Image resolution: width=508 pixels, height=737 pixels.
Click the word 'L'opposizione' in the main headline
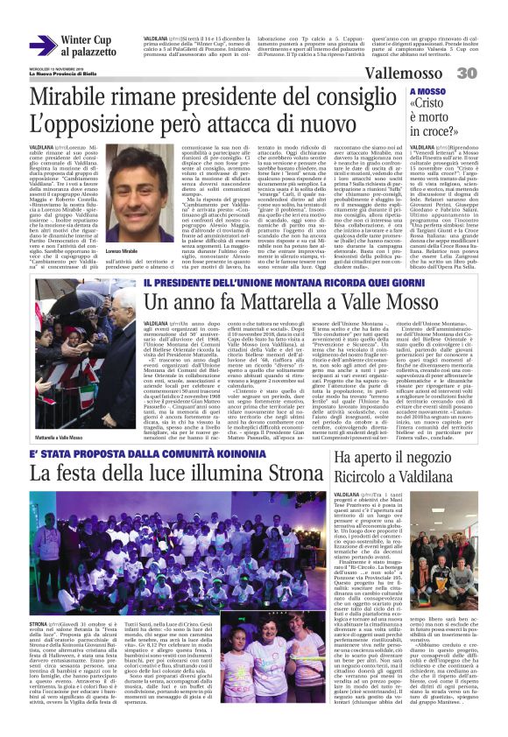coord(94,125)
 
